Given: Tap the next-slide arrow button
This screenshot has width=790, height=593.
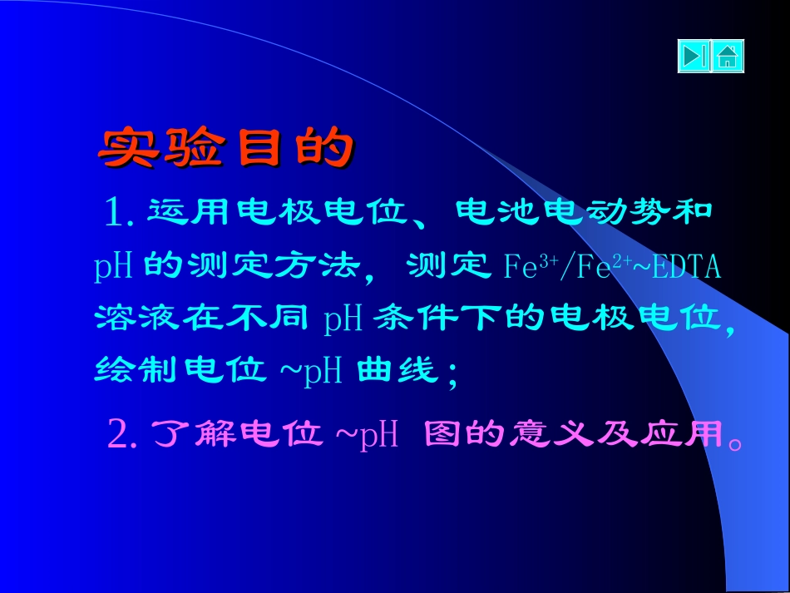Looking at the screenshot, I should point(694,57).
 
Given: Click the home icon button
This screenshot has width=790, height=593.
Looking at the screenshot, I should point(728,57).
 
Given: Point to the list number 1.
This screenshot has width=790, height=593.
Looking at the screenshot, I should point(116,213).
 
